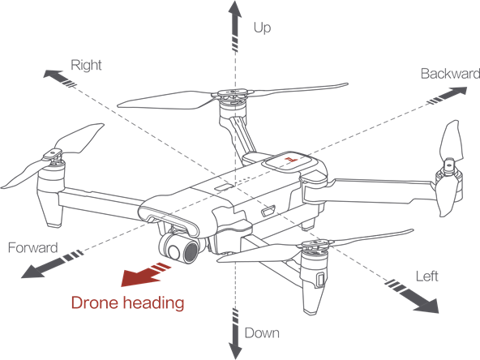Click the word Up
point(263,28)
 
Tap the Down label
point(262,332)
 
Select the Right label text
point(86,65)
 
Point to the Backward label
point(450,74)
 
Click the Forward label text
point(32,247)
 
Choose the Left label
point(426,276)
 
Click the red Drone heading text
point(127,302)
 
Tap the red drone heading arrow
point(144,274)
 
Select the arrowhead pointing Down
point(235,349)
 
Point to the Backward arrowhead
point(457,91)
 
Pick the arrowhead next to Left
point(427,306)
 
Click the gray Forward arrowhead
point(32,272)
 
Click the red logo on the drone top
point(290,159)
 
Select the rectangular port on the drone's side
point(268,212)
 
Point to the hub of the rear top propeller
point(233,92)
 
